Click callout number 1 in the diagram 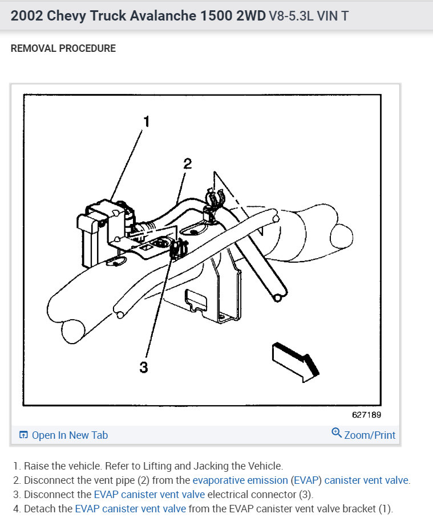coord(147,121)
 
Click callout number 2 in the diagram coord(188,164)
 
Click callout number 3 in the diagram coord(144,367)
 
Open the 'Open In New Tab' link coord(70,435)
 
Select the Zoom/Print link coord(370,435)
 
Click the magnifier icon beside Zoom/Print coord(337,433)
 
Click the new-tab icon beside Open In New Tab coord(23,435)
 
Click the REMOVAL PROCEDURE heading coord(63,48)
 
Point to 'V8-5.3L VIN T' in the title coord(309,16)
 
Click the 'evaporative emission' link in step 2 coord(240,480)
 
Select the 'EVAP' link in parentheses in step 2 coord(306,480)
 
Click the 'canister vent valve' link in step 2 coord(366,480)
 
